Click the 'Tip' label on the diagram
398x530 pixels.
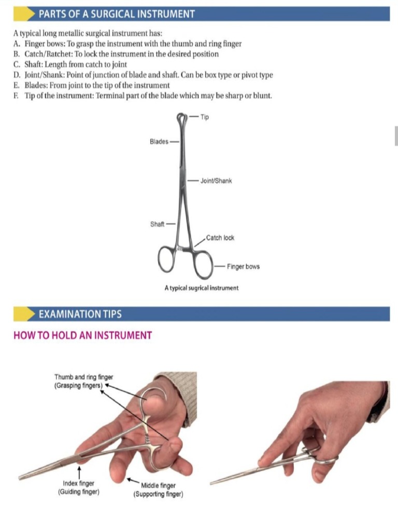click(x=205, y=117)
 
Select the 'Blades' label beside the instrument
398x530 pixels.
click(x=159, y=141)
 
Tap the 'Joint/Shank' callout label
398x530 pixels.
click(x=216, y=181)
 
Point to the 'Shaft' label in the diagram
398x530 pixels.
click(x=157, y=224)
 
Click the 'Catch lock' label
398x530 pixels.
click(x=220, y=238)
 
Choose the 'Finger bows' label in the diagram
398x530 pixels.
click(x=243, y=267)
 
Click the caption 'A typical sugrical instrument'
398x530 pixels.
click(x=201, y=288)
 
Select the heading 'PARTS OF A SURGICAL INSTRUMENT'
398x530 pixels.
click(x=117, y=14)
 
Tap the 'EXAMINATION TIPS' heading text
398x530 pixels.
click(x=80, y=314)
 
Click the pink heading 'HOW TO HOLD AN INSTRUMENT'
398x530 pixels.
click(x=82, y=335)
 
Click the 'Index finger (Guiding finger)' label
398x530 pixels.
click(x=79, y=487)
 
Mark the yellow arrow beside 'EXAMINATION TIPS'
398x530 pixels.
click(x=23, y=314)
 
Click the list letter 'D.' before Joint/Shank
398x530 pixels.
click(x=17, y=75)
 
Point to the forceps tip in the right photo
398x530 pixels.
click(x=212, y=483)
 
